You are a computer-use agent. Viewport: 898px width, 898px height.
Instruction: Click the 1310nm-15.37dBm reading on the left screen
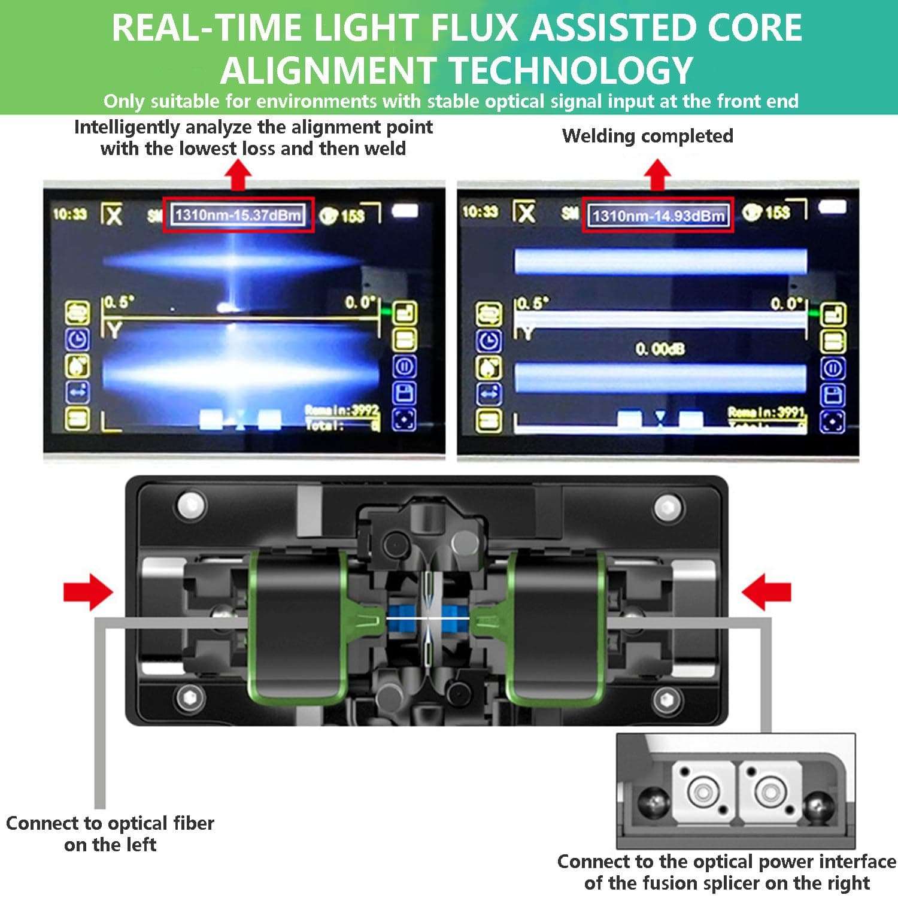pos(238,215)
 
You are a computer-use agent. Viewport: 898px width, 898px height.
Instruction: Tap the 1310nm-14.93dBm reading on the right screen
pos(658,216)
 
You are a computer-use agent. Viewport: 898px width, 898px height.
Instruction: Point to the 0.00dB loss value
pos(660,349)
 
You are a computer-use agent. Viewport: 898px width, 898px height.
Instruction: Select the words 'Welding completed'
pos(647,136)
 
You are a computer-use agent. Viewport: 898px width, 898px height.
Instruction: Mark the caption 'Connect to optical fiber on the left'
pos(110,833)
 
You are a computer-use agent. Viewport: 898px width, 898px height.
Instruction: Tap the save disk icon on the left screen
pos(404,393)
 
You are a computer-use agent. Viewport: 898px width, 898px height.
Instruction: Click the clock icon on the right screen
pos(489,341)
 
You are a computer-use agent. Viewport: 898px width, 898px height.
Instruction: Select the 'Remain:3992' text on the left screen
pos(342,411)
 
